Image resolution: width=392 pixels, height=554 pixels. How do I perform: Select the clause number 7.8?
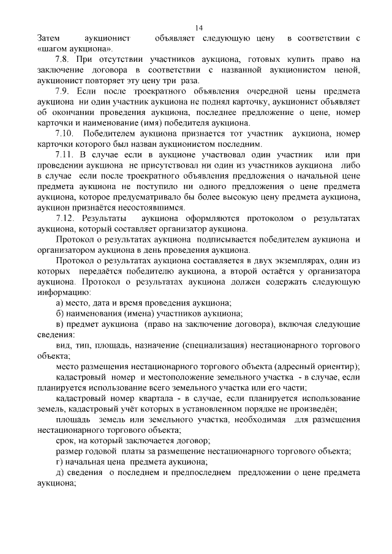tap(64, 60)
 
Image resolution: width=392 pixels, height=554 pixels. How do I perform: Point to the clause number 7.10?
tap(66, 133)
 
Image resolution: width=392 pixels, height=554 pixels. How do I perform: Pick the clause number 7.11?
tap(66, 155)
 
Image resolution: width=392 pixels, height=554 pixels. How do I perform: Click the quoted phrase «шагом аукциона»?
tap(73, 49)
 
